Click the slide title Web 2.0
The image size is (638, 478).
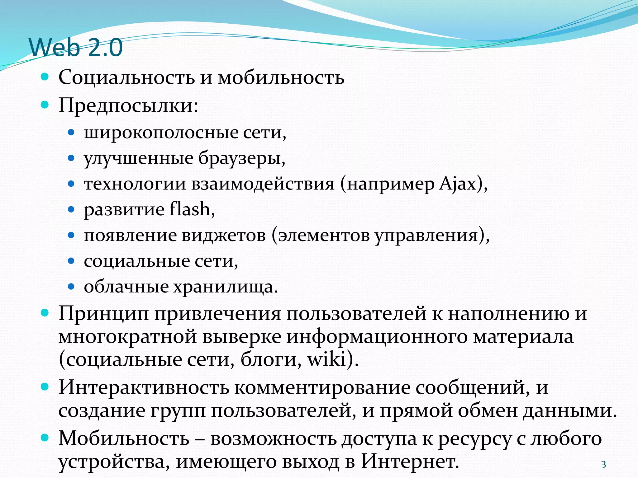point(76,48)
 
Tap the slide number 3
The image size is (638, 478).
point(603,465)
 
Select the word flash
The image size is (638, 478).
point(189,209)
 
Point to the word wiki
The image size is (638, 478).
point(327,359)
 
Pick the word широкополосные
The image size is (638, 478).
point(161,133)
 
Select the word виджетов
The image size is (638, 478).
point(224,235)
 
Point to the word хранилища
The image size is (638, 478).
point(223,287)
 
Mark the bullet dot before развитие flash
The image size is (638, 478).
point(71,209)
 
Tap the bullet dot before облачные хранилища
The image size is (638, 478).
point(71,286)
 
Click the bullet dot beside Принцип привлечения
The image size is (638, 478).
point(45,313)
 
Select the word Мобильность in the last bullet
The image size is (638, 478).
point(124,438)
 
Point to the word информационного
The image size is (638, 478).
point(377,336)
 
